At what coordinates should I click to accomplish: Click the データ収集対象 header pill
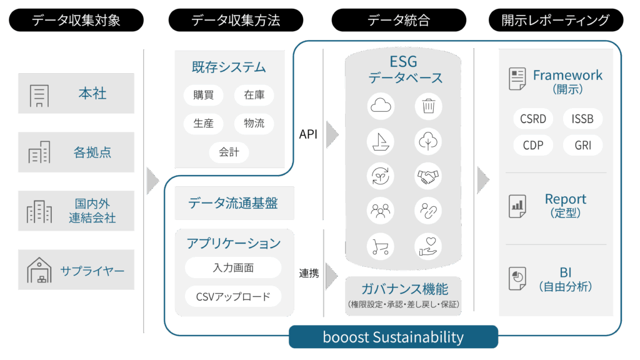76,20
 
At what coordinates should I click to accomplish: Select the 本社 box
76,94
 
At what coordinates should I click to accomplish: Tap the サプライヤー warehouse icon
39,270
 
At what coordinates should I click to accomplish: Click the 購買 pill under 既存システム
204,96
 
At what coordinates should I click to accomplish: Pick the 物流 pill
254,123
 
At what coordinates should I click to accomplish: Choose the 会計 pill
229,152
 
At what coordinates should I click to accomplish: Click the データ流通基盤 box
233,203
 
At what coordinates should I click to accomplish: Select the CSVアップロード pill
233,296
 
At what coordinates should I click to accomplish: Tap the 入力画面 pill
233,268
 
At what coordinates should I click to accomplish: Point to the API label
308,134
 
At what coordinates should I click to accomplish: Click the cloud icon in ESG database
380,106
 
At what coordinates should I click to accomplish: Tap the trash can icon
429,106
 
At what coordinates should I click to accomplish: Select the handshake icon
429,176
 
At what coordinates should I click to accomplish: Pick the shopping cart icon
380,246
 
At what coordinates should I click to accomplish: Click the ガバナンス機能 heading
404,289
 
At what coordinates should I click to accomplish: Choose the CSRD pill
533,118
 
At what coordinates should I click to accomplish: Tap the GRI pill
583,146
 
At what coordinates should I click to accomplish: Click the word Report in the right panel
566,199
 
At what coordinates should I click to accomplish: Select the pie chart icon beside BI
517,277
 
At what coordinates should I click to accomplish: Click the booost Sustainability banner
393,337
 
